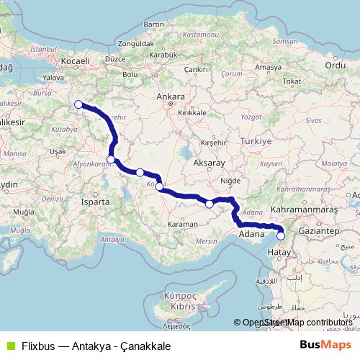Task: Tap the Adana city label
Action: point(251,234)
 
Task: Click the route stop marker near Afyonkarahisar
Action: point(111,160)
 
